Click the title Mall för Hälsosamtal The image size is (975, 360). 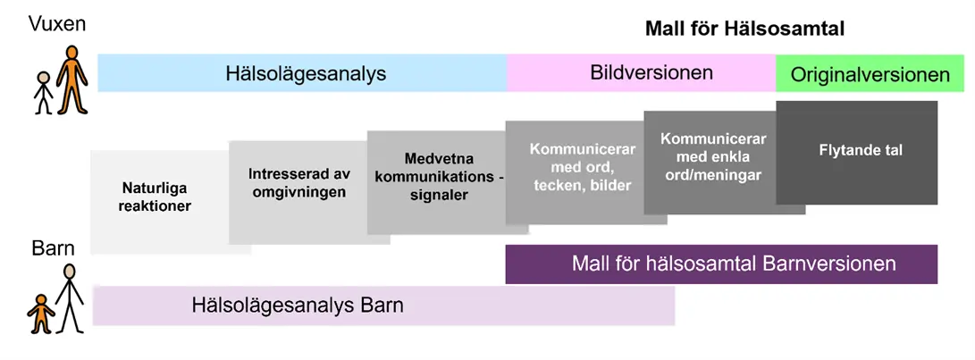(x=745, y=29)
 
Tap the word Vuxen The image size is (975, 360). (x=56, y=25)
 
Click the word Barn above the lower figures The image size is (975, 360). (x=53, y=249)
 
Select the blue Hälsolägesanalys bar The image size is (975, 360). (x=302, y=73)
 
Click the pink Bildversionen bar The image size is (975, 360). (x=641, y=73)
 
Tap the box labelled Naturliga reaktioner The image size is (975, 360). (x=160, y=202)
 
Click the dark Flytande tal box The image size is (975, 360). (x=857, y=153)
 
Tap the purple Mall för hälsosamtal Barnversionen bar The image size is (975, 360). (x=721, y=264)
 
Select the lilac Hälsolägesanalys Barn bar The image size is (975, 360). (x=383, y=306)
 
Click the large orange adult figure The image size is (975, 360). (x=72, y=80)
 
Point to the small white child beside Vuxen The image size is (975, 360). (x=43, y=93)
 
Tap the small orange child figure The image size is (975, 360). (x=41, y=314)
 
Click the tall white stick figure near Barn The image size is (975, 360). (x=69, y=298)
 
